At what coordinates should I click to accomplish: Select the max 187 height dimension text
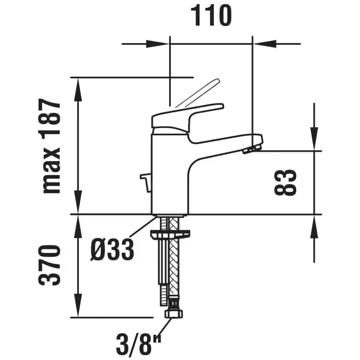[50, 146]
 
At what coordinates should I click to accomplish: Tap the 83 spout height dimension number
[285, 182]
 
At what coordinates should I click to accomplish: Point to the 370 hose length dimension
[49, 265]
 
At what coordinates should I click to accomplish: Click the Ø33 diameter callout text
[112, 249]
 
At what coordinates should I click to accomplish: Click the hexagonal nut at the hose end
[174, 313]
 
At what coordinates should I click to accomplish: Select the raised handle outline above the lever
[198, 93]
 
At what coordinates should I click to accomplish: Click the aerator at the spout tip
[251, 149]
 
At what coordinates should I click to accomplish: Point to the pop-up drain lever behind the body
[145, 183]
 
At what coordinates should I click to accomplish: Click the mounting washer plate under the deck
[170, 233]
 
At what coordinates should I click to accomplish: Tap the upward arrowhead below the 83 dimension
[314, 227]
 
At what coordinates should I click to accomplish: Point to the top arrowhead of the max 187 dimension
[79, 90]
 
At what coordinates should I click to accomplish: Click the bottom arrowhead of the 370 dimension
[79, 305]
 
